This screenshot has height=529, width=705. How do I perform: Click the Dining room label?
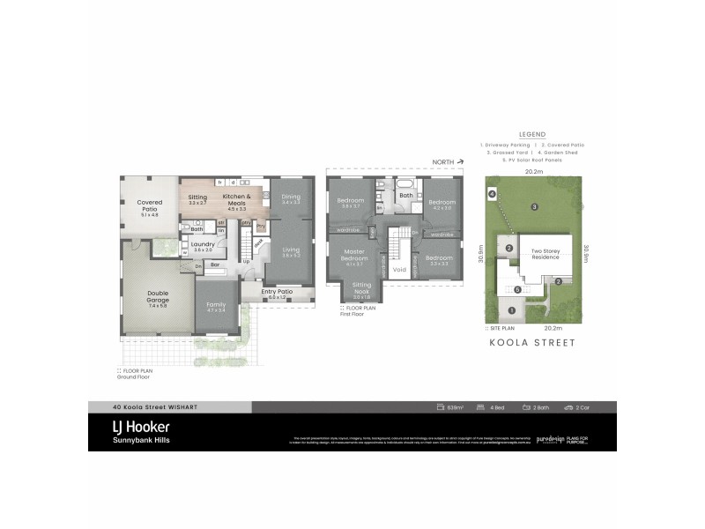pos(291,197)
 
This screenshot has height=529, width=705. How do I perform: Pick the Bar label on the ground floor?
pos(213,263)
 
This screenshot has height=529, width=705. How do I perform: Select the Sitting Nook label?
pos(362,288)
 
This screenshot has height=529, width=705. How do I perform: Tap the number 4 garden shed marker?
pos(492,193)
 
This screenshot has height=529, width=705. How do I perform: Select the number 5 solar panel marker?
pos(518,289)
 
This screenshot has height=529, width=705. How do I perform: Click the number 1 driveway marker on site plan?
pos(512,309)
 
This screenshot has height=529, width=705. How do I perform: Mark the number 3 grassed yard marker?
pos(534,207)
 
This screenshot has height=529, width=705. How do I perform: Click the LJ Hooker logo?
pos(140,426)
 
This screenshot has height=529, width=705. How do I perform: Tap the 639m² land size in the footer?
pos(454,407)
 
